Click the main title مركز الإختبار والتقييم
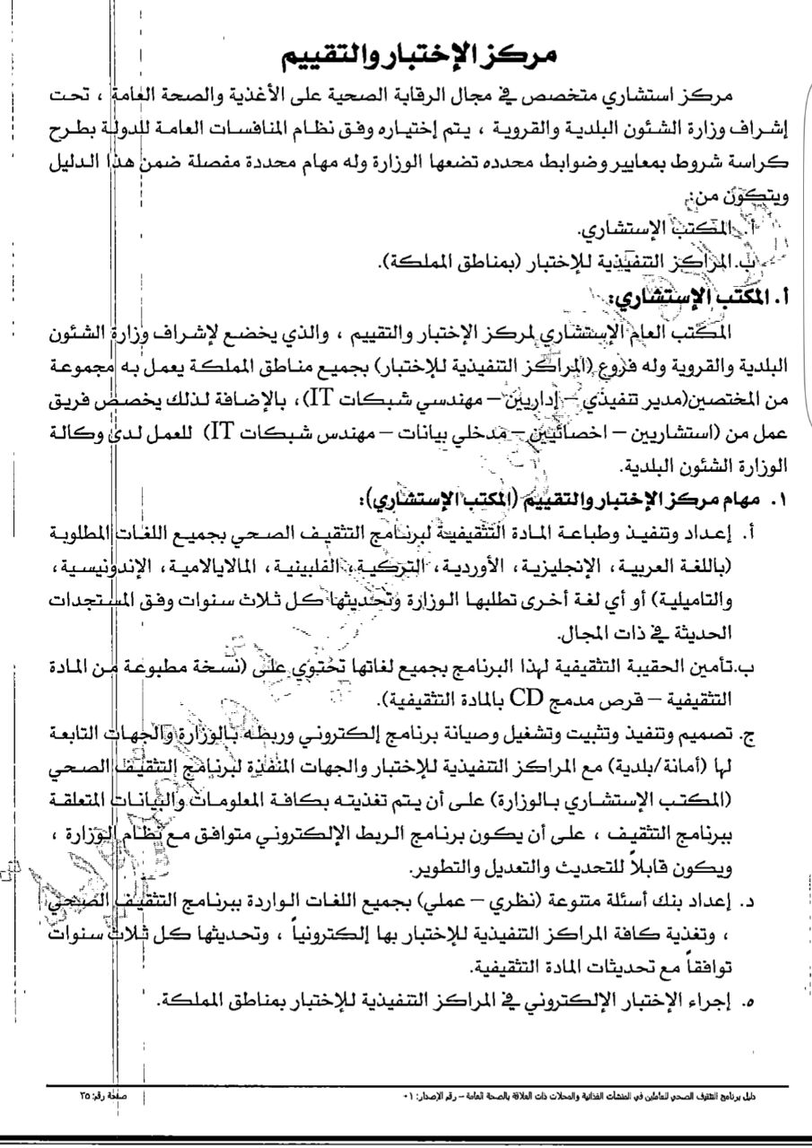(420, 57)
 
